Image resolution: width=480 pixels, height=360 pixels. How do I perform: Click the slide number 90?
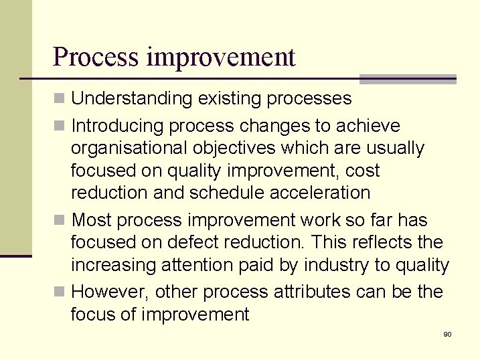pos(447,334)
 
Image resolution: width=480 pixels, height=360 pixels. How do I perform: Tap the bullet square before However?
pos(60,293)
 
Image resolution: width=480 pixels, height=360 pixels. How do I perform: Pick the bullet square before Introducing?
pos(60,126)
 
